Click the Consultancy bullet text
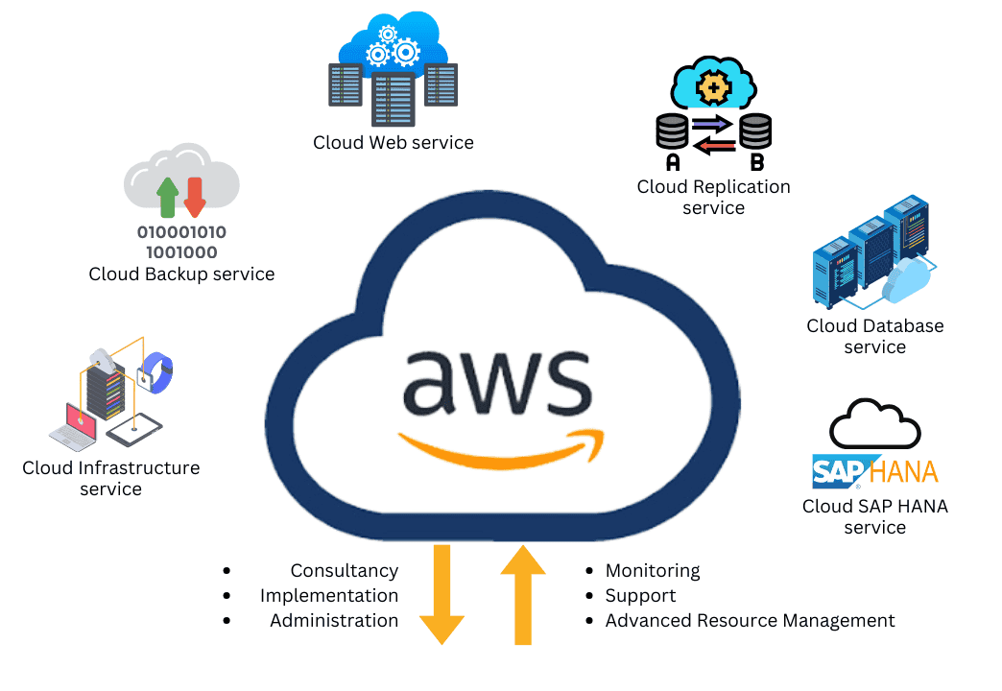tap(344, 571)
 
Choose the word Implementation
tap(329, 596)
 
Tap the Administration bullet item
tap(334, 621)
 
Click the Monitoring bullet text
tap(653, 571)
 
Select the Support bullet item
tap(640, 596)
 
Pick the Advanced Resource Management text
tap(750, 621)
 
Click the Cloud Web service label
tap(394, 143)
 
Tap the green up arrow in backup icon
tap(167, 196)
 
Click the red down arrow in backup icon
tap(195, 196)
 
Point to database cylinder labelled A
tap(673, 131)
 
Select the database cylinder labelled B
tap(756, 131)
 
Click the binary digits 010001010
tap(181, 232)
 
